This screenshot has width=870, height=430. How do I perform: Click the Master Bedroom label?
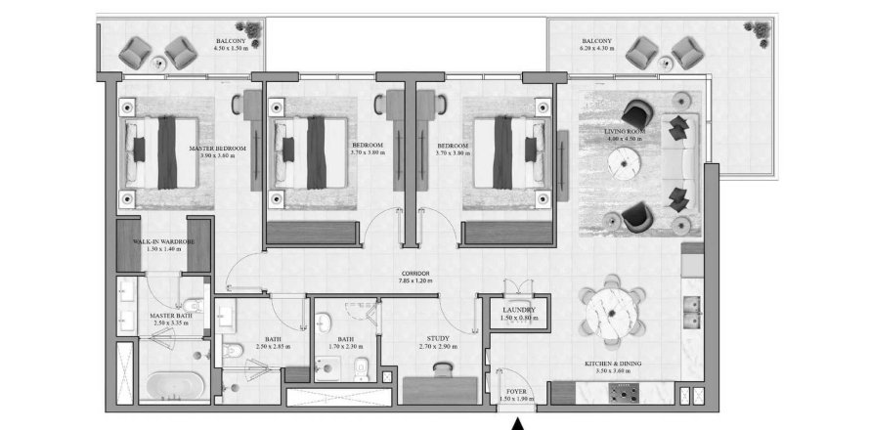[x=218, y=149]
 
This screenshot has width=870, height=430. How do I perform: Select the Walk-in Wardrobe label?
[x=164, y=240]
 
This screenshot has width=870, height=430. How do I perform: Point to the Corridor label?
[x=415, y=274]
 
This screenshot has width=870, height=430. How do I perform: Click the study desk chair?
[x=441, y=367]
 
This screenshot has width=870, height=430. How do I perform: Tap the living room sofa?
[x=678, y=163]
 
